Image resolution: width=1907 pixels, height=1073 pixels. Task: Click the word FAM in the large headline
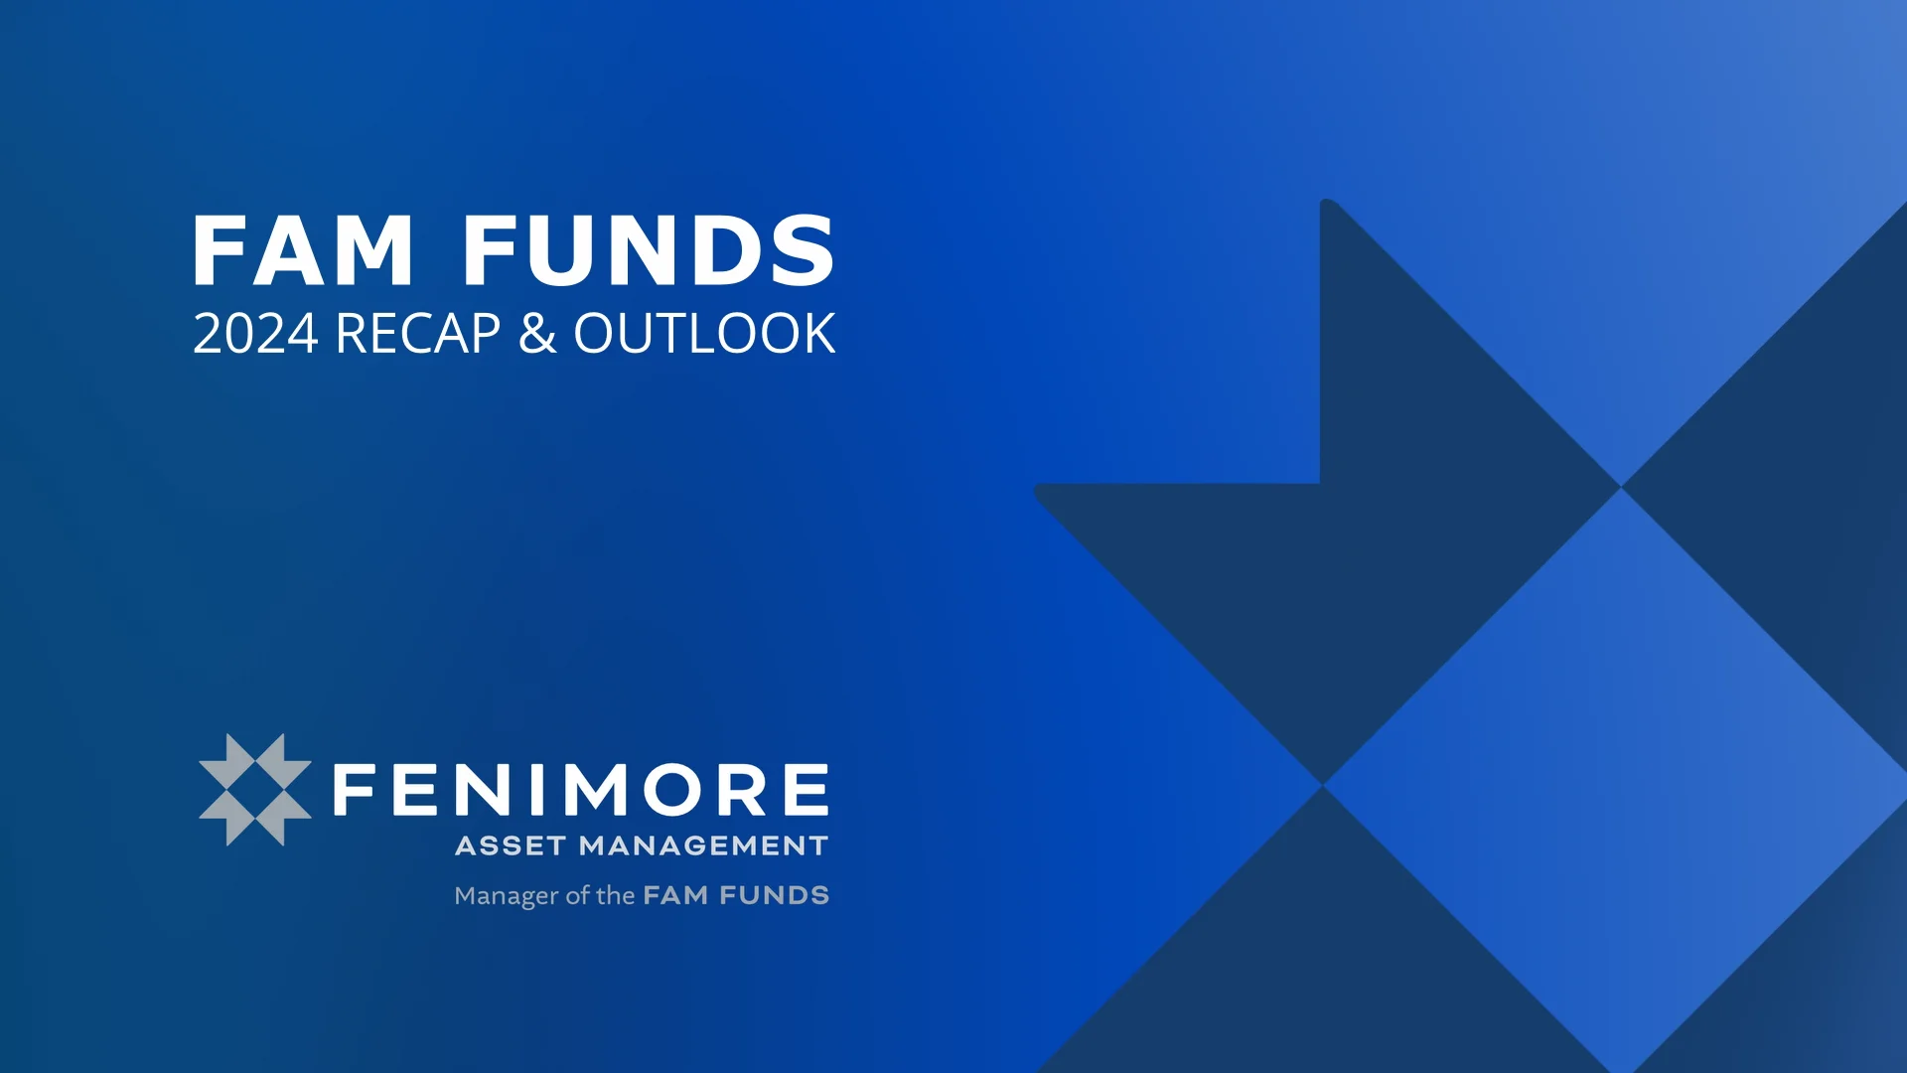(x=303, y=250)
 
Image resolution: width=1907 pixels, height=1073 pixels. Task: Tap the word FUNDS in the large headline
(x=649, y=250)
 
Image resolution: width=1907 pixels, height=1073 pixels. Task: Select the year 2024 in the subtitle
(x=255, y=334)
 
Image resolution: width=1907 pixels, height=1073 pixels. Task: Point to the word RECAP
(x=418, y=334)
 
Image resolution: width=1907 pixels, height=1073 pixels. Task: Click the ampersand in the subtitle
(x=537, y=334)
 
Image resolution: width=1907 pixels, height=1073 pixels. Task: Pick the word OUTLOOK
(x=704, y=334)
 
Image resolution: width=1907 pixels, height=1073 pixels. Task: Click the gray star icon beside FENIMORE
(x=255, y=790)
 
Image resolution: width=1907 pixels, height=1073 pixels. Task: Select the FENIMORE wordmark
(x=580, y=790)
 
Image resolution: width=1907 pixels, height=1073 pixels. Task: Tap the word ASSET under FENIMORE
(x=511, y=846)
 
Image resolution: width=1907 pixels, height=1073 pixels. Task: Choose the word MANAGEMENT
(x=703, y=846)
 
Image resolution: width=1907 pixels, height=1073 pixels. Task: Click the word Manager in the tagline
(x=506, y=896)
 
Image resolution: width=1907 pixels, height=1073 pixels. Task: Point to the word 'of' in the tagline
(x=577, y=896)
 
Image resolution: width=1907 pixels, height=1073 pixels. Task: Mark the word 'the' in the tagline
(x=615, y=896)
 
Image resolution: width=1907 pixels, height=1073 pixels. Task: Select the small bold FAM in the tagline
(x=675, y=896)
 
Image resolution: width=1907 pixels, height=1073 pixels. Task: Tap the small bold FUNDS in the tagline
(x=774, y=896)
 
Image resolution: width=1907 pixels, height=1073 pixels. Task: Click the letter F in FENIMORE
(x=355, y=790)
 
